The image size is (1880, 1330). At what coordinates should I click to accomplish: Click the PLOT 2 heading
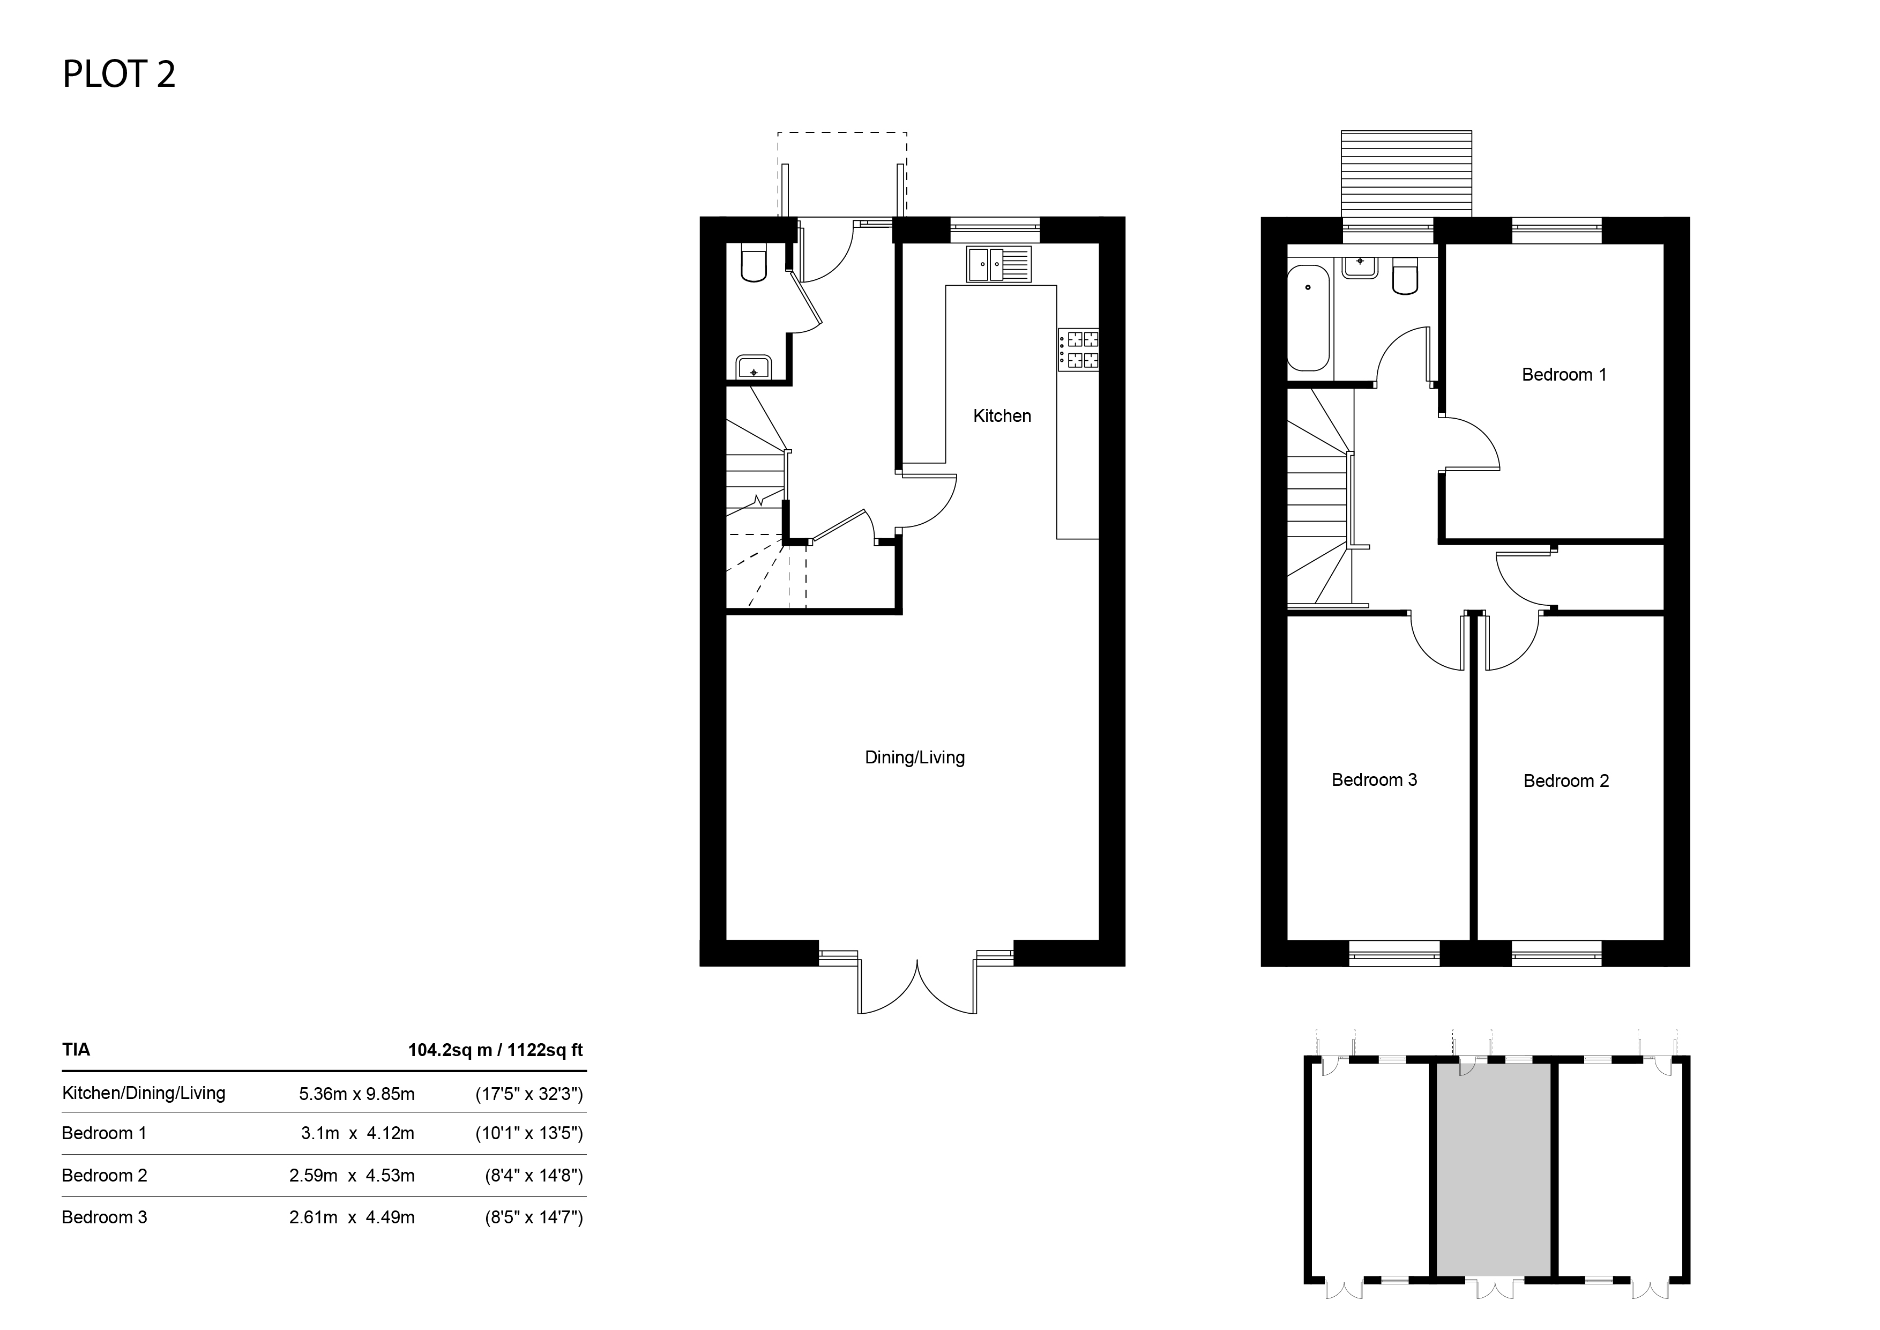coord(119,75)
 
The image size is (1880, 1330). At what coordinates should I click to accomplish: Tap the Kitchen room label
coord(1002,416)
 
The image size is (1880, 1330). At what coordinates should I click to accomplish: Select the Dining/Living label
coord(915,757)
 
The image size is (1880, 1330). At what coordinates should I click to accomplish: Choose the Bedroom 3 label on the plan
coord(1374,779)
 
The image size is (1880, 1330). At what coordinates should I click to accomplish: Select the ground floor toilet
coord(754,262)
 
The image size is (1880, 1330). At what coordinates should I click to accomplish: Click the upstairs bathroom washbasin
coord(1360,266)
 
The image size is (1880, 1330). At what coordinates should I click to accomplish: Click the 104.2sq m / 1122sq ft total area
coord(495,1050)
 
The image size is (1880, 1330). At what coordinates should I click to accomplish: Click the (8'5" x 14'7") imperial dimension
coord(534,1218)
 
